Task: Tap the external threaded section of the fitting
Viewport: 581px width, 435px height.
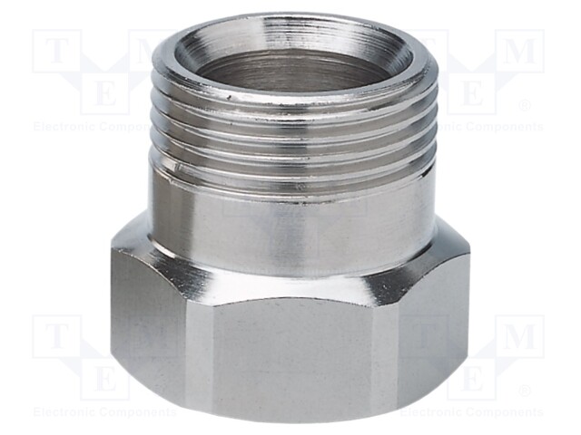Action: click(x=292, y=136)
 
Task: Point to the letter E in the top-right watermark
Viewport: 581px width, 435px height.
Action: click(x=473, y=92)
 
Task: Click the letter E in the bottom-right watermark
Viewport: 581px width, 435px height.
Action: click(x=473, y=377)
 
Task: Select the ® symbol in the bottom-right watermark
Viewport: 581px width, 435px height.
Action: click(x=524, y=391)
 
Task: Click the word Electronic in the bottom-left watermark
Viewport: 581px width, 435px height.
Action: click(x=62, y=412)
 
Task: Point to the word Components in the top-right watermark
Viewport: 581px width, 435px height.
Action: click(x=504, y=127)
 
